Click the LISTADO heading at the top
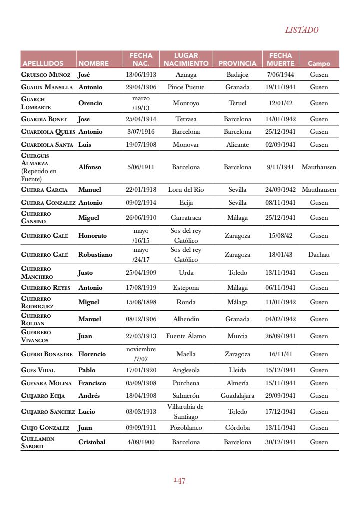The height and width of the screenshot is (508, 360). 302,30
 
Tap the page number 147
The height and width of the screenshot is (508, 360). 180,481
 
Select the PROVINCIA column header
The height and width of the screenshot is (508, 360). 237,64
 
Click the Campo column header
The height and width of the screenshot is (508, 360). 319,64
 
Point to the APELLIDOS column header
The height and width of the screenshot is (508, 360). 42,64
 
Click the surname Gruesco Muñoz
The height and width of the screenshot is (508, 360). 46,75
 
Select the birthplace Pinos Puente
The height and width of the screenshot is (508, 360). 186,87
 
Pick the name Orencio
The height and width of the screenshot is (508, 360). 90,103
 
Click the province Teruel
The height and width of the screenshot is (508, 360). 237,103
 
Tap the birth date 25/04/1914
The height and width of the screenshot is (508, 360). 141,119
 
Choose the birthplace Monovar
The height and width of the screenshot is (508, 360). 186,145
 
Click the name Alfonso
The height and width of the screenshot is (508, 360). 90,167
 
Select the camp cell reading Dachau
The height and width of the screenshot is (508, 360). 319,255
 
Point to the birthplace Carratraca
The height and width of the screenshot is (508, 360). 186,218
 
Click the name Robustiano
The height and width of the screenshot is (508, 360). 95,255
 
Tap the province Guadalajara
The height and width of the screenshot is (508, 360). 237,396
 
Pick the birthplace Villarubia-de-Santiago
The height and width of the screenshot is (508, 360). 186,412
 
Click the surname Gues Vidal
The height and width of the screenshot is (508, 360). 38,370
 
